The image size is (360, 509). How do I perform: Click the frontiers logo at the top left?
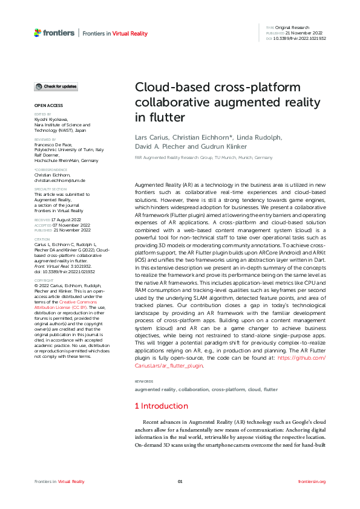[x=54, y=33]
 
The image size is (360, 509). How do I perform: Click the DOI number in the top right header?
[x=301, y=38]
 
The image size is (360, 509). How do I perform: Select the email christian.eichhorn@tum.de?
[x=59, y=180]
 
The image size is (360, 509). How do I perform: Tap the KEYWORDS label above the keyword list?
[x=143, y=381]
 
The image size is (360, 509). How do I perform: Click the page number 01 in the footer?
[x=180, y=481]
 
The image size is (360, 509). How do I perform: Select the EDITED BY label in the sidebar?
[x=42, y=114]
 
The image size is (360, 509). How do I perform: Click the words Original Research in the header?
[x=292, y=28]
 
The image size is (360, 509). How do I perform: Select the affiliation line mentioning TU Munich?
[x=203, y=157]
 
